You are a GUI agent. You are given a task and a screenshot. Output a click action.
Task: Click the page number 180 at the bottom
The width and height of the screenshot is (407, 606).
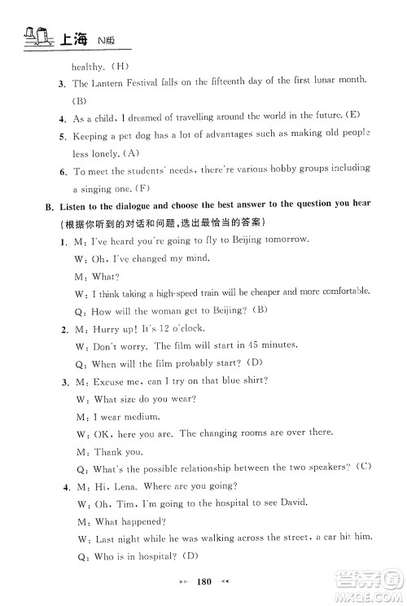(x=203, y=585)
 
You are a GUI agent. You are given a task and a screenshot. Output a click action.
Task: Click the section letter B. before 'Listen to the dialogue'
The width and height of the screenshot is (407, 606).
(x=49, y=206)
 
